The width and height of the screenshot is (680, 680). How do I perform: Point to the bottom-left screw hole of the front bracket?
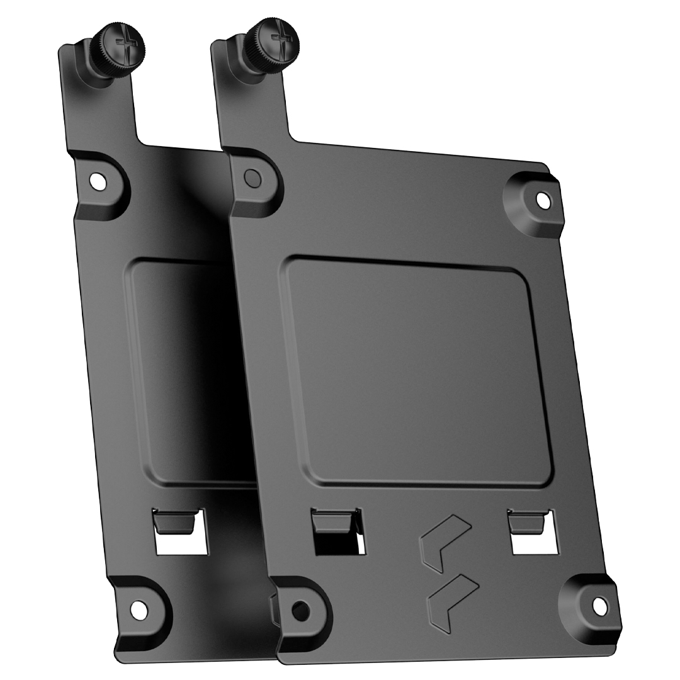point(301,609)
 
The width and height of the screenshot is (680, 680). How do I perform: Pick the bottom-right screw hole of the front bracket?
point(599,606)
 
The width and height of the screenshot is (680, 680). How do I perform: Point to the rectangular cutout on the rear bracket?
point(181,541)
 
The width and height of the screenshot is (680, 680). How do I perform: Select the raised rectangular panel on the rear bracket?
point(183,371)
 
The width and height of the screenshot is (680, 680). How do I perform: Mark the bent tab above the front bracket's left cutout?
point(332,520)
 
